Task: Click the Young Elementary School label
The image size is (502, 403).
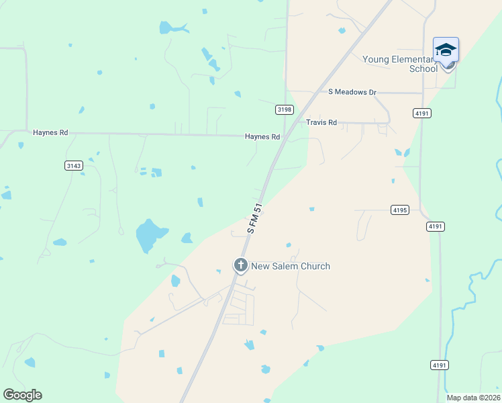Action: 400,64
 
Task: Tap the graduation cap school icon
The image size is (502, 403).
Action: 446,51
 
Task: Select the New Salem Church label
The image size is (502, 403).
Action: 291,266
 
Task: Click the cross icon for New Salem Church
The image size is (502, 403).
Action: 240,265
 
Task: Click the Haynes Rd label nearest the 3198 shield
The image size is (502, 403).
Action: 262,136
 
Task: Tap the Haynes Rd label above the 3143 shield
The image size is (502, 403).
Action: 50,133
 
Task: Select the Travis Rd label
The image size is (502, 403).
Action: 321,122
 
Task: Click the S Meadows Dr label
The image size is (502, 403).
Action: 352,92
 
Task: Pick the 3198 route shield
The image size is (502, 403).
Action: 285,109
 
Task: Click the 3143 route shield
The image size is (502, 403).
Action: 74,165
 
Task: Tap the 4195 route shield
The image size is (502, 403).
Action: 399,210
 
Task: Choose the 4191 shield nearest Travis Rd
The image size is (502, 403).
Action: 422,114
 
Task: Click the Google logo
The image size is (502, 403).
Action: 22,395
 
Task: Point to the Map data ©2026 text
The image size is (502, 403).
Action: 472,398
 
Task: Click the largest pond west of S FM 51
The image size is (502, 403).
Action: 148,236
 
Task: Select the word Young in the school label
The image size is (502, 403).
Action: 376,59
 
